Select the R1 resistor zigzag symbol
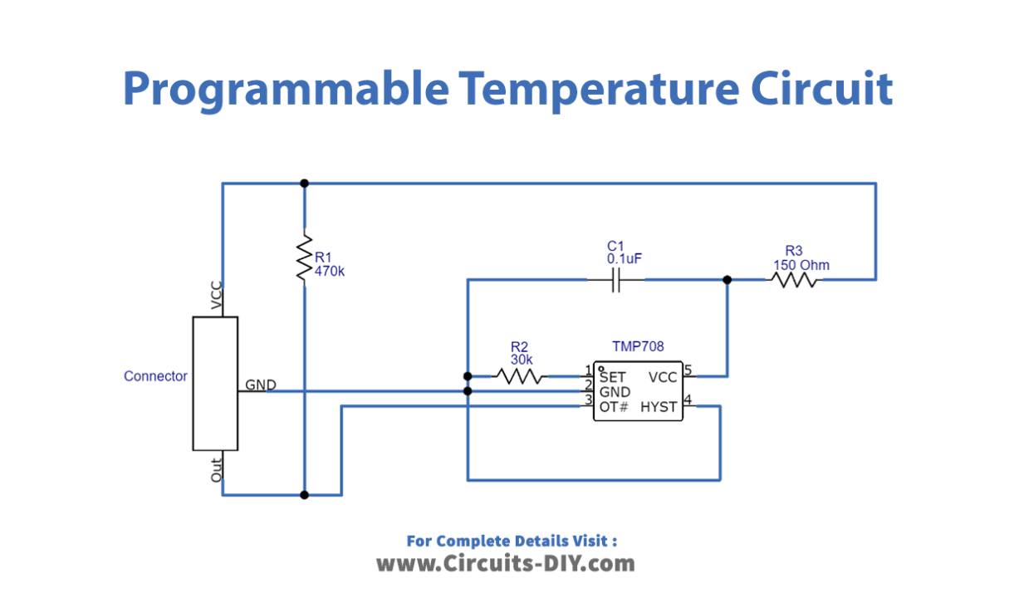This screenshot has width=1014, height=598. tap(304, 258)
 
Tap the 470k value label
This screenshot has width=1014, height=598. tap(330, 271)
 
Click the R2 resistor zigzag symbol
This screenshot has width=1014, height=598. tap(521, 376)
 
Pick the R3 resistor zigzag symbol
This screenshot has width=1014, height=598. tap(794, 281)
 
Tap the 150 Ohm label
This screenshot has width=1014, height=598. tap(801, 265)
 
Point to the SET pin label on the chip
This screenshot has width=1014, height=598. tap(612, 377)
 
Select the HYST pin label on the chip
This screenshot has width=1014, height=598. tap(660, 407)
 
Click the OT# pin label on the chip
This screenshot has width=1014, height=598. tap(614, 407)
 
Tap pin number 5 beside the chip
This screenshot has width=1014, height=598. tap(688, 370)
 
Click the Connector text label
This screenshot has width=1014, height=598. tap(155, 376)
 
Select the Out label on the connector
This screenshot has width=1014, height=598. tap(217, 472)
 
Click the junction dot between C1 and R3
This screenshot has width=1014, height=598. tap(727, 281)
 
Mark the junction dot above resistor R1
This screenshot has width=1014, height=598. tap(304, 183)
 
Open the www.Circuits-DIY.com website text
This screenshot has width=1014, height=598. tap(506, 564)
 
